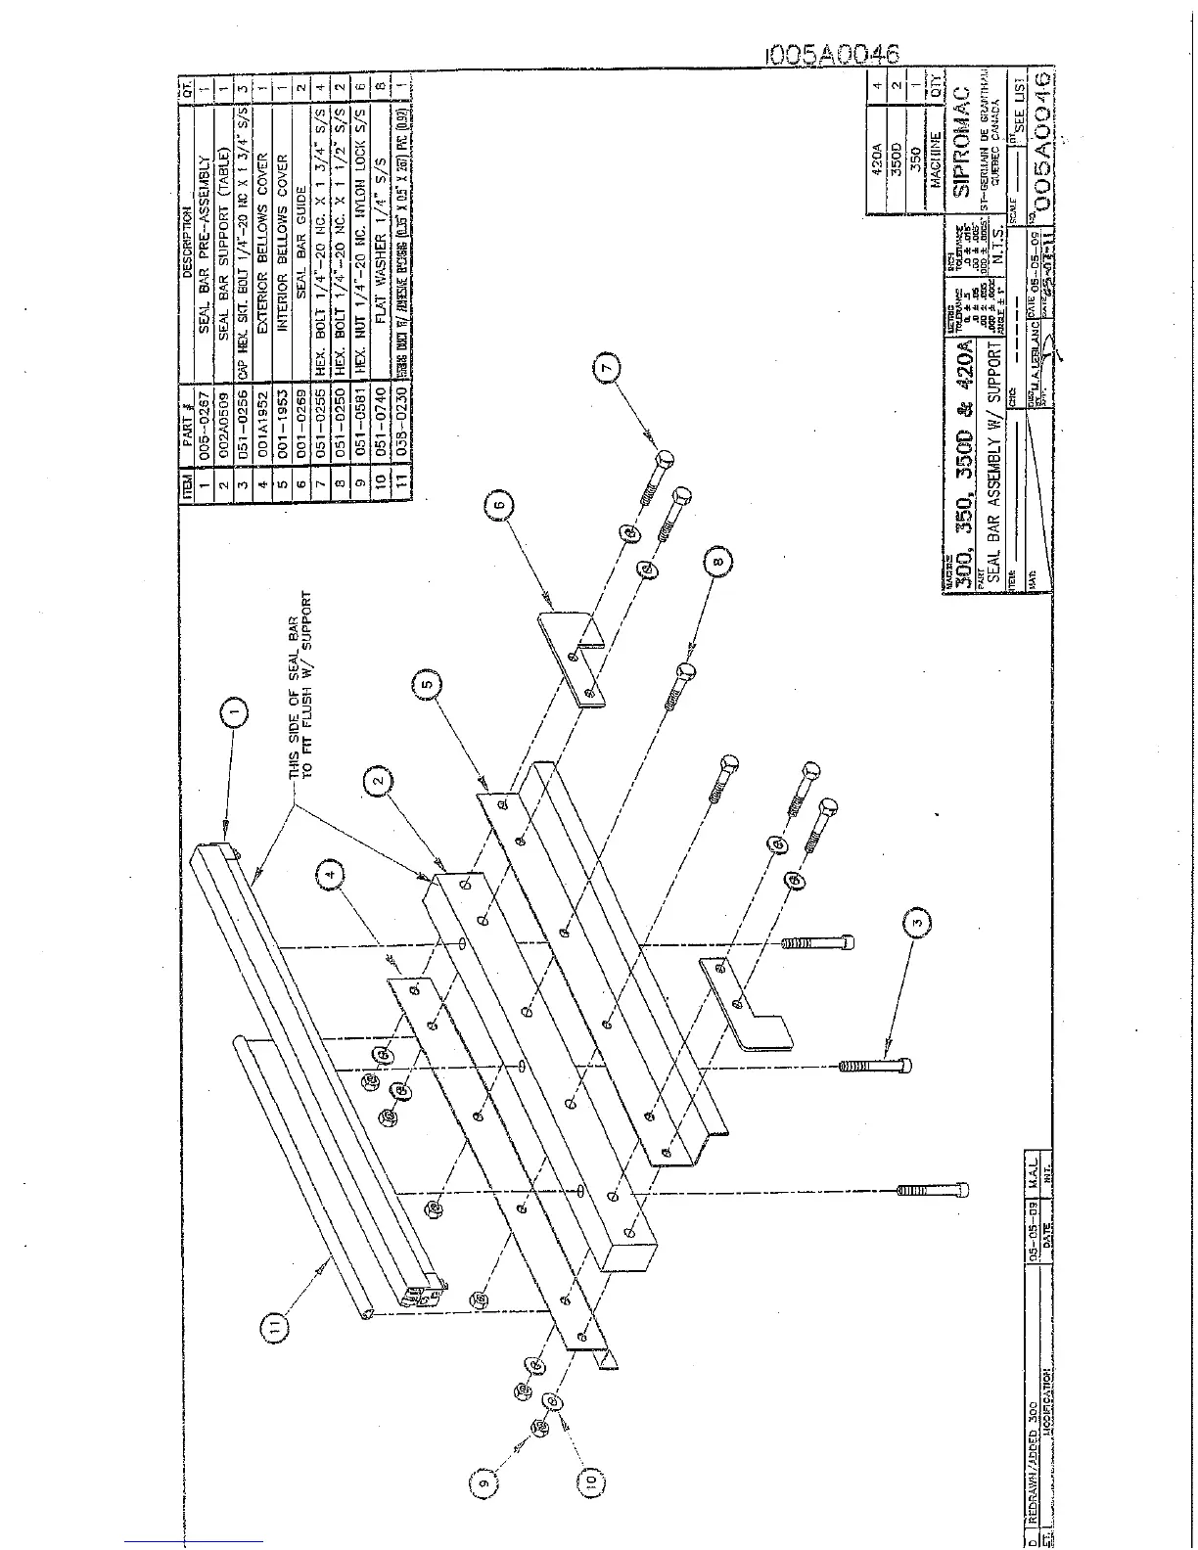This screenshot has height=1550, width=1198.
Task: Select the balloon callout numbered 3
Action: point(916,921)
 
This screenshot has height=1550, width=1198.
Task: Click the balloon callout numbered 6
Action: point(498,505)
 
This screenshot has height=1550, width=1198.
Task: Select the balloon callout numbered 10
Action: point(590,1484)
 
